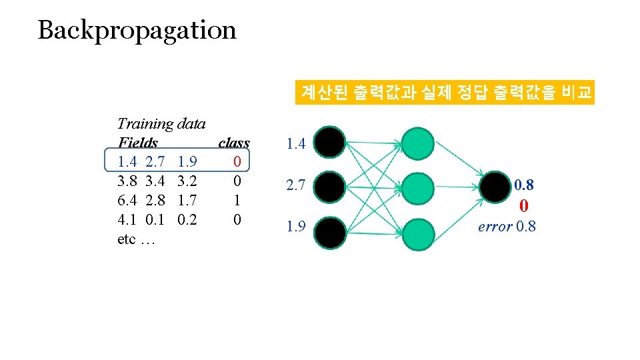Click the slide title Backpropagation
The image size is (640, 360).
[137, 30]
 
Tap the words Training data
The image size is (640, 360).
[161, 123]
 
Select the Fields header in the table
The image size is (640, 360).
[137, 143]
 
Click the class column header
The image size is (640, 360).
[234, 143]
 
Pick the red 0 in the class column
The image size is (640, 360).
[237, 161]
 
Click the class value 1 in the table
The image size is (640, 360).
[237, 200]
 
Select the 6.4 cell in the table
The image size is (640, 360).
[127, 200]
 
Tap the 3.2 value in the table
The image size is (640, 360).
[187, 181]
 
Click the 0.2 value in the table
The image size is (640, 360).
[187, 219]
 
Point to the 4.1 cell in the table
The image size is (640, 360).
[127, 219]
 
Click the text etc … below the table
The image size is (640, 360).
[135, 239]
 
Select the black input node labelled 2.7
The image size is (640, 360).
[330, 186]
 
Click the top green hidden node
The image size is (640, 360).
[419, 143]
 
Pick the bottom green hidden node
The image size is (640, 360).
[419, 234]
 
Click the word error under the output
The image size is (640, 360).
[495, 227]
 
